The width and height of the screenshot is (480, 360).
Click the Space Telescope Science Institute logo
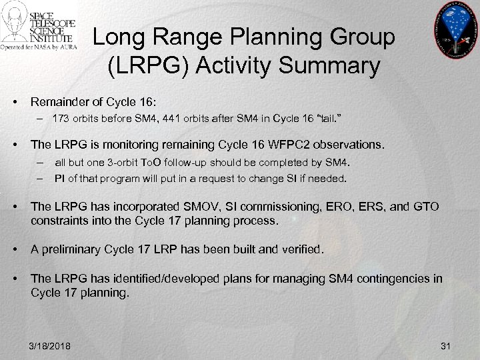point(39,27)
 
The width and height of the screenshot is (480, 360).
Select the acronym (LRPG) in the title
point(143,67)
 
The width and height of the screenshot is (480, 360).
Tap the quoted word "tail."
point(313,119)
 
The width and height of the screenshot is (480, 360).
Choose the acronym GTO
point(424,207)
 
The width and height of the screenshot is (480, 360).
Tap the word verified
point(299,250)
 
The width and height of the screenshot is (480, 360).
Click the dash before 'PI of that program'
point(41,179)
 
